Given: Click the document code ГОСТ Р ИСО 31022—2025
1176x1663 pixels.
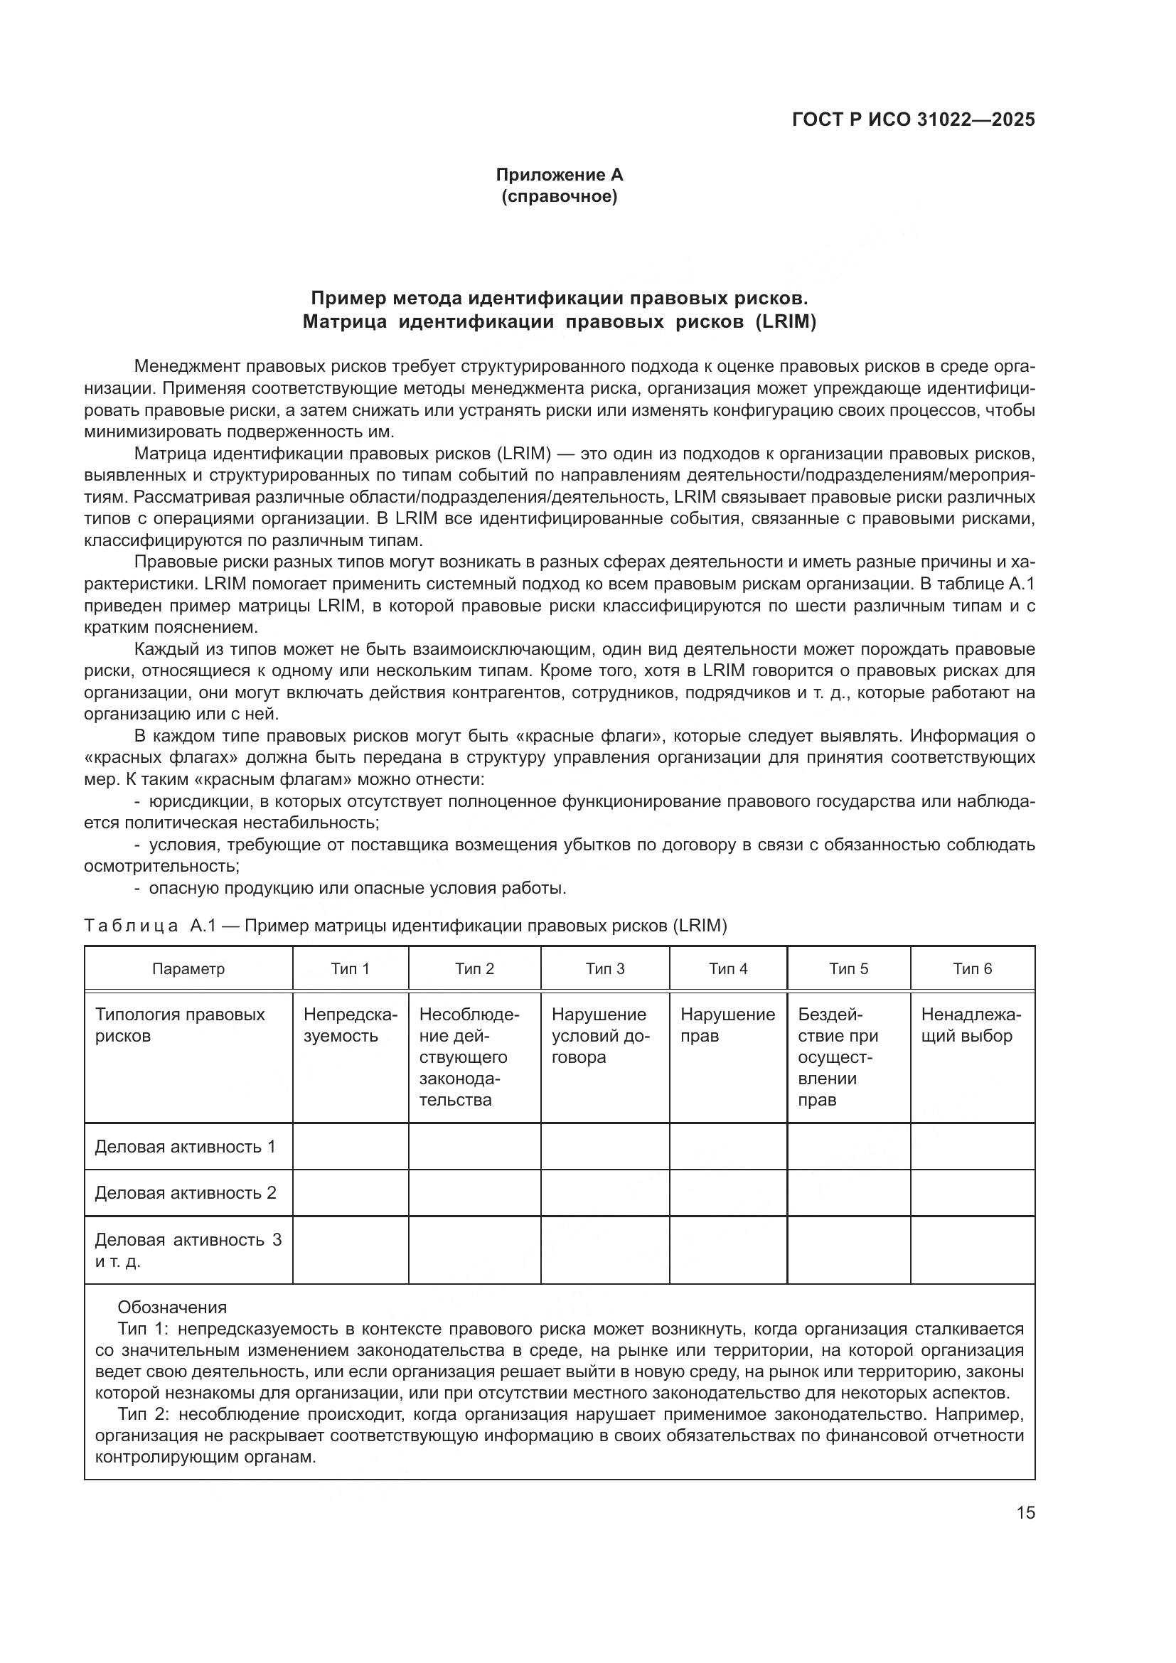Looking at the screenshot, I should point(913,120).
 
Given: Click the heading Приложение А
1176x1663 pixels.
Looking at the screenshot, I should point(559,175).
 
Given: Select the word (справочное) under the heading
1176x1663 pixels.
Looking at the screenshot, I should point(559,197).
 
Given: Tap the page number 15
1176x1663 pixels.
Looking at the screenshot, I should point(1025,1512).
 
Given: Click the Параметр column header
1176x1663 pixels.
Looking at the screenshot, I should point(188,968).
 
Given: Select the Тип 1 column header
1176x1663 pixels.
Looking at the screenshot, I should point(351,968).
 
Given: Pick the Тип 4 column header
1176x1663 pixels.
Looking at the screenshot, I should point(728,968).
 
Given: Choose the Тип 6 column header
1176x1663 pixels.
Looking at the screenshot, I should point(972,968).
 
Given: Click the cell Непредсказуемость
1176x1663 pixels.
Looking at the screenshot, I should point(351,1025).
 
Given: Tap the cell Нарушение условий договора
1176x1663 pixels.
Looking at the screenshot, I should point(601,1036).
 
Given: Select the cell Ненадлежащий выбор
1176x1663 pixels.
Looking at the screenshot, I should point(971,1025).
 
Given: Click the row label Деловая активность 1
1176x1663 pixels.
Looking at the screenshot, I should point(186,1147).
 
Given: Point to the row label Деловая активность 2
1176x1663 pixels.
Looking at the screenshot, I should point(186,1193).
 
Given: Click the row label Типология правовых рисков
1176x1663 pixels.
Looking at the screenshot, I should point(180,1025).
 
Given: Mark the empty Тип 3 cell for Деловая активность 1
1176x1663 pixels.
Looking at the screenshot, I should point(604,1147).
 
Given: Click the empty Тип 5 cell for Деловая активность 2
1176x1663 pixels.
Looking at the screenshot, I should point(849,1193).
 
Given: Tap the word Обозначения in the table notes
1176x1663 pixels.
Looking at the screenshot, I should point(172,1308).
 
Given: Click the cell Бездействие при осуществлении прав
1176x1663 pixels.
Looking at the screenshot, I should point(838,1057).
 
